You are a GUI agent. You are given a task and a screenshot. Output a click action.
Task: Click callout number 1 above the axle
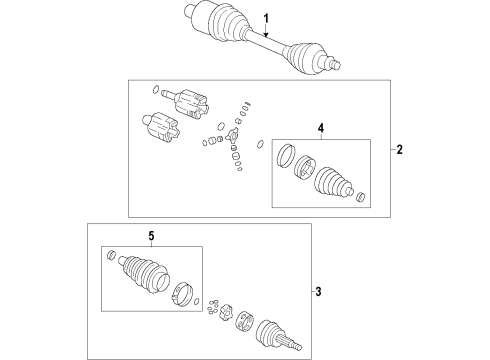pos(266,19)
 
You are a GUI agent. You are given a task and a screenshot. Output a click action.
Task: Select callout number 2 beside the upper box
pos(399,150)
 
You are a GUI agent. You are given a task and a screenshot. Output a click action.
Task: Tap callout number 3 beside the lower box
pos(318,292)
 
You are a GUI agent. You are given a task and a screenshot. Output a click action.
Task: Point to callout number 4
pos(321,128)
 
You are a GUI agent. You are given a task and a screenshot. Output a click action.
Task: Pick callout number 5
pos(151,236)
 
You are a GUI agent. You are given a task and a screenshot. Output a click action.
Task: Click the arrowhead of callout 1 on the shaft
pos(266,34)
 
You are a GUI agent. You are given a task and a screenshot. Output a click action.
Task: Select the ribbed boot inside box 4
pos(332,180)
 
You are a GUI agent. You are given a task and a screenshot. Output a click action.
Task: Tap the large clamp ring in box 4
pos(286,155)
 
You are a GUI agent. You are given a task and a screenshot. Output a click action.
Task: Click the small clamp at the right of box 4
pos(360,197)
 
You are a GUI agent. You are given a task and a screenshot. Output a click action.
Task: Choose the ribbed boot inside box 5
pos(144,274)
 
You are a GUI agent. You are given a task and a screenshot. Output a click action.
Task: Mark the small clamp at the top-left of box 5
pos(112,254)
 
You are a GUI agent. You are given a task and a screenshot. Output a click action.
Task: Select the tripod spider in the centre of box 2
pos(232,136)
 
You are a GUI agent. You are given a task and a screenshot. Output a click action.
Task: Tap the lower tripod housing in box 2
pos(161,128)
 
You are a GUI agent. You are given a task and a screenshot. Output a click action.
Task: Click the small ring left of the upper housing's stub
pos(155,90)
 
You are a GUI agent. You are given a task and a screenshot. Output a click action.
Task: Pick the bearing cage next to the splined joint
pos(244,321)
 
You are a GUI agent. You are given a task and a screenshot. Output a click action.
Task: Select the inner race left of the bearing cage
pos(227,312)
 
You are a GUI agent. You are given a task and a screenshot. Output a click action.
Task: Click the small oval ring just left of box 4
pos(260,144)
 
